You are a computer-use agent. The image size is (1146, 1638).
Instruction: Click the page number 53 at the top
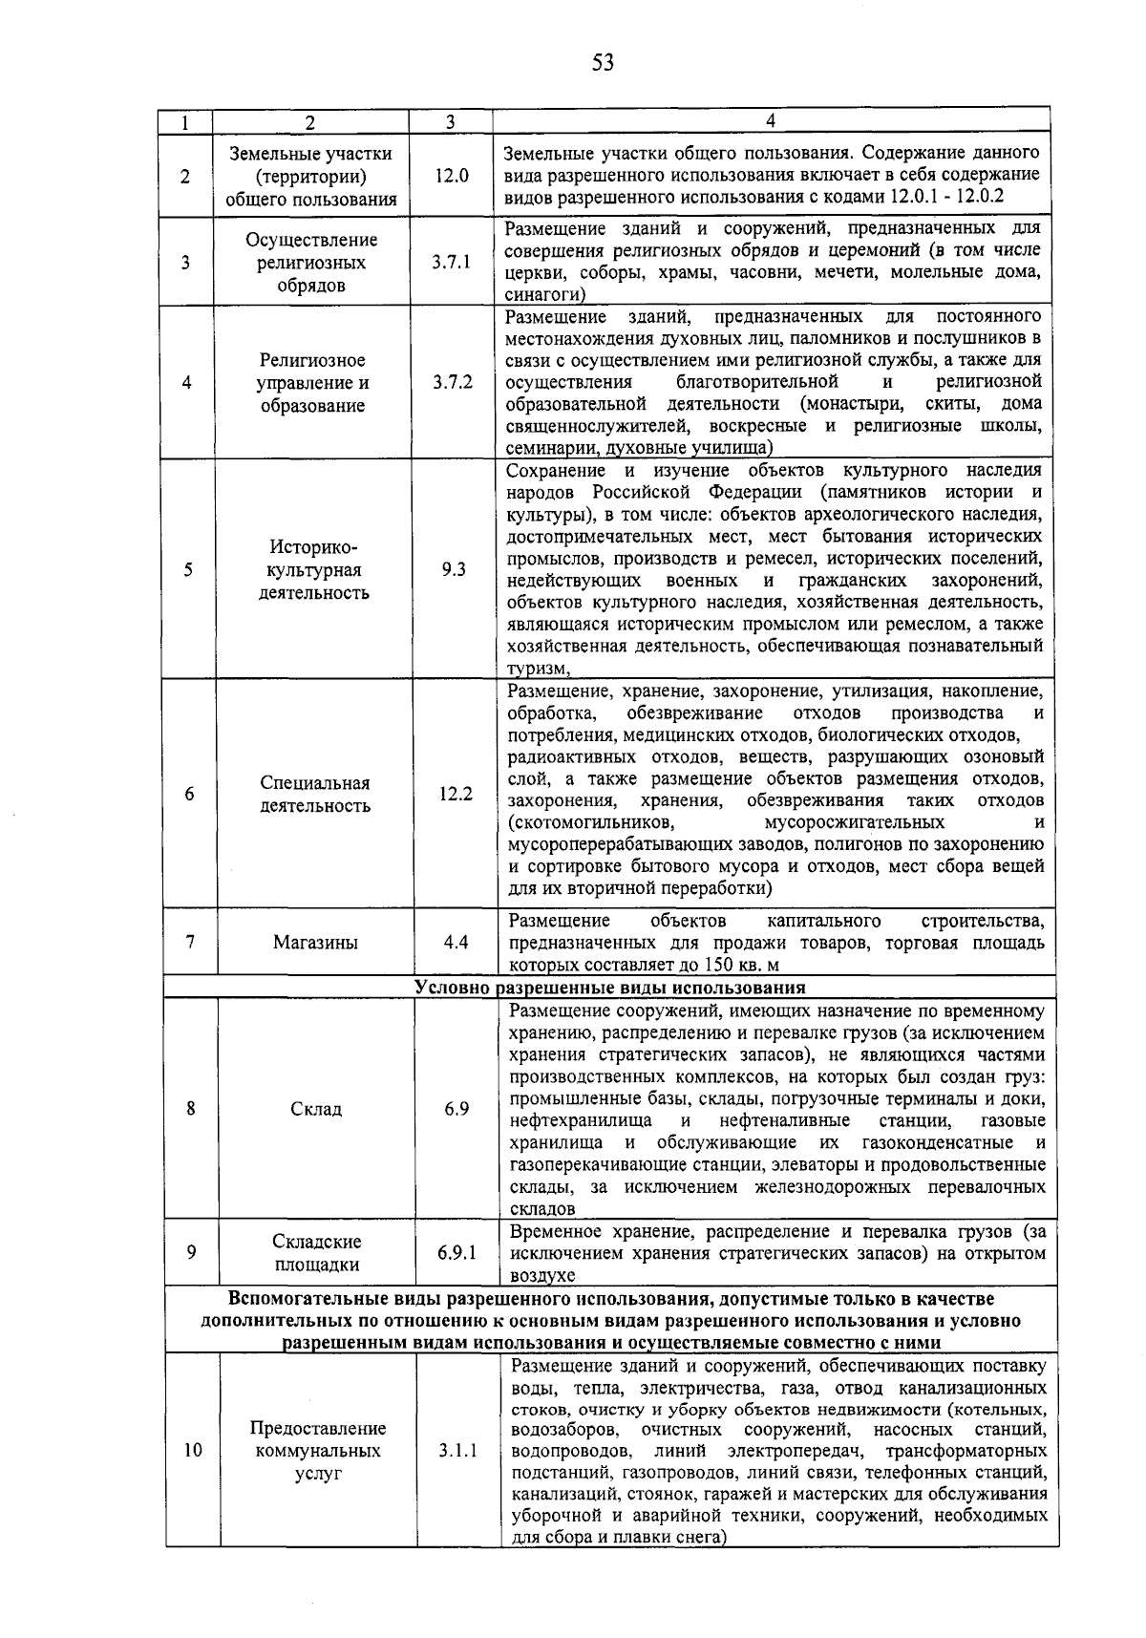coord(602,63)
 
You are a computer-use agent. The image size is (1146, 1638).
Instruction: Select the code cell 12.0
coord(451,177)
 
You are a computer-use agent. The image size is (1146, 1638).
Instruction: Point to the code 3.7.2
coord(452,383)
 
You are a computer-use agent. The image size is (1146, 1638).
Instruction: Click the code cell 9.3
coord(454,569)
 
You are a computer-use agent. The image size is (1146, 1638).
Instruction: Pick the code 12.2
coord(455,794)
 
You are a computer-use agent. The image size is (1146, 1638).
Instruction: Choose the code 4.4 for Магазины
coord(456,942)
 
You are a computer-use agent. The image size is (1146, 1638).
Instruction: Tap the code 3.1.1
coord(457,1450)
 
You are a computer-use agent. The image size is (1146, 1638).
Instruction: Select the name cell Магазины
coord(315,942)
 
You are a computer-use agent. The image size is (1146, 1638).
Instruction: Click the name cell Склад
coord(316,1109)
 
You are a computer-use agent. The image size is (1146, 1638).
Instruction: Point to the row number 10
coord(193,1450)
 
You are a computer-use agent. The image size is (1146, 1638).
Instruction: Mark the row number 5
coord(188,569)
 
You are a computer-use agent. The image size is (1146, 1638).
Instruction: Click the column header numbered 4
coord(770,120)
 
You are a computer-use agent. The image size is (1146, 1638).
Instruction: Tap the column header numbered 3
coord(450,121)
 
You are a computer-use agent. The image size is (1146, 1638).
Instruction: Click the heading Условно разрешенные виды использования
coord(610,988)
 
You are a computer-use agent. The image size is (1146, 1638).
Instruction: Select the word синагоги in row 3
coord(538,295)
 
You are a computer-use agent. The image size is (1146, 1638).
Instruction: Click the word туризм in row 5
coord(537,669)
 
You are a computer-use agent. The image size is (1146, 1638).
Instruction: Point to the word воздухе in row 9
coord(542,1275)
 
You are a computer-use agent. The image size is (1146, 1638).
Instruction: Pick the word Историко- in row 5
coord(313,547)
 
